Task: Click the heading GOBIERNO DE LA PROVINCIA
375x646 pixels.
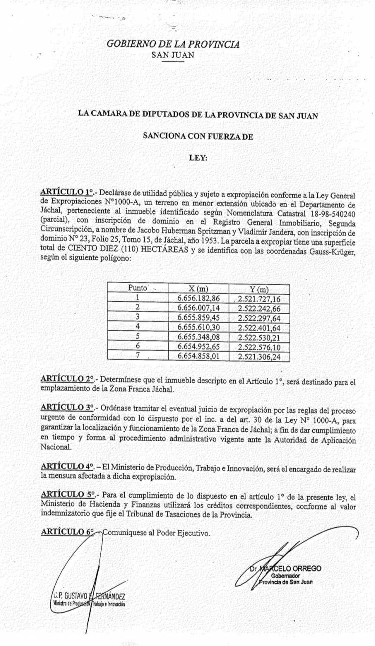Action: tap(173, 44)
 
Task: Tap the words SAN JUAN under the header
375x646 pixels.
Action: tap(173, 55)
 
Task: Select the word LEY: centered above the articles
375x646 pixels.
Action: tap(198, 158)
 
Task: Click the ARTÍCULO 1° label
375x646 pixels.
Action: tap(68, 192)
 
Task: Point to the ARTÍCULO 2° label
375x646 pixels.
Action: tap(68, 379)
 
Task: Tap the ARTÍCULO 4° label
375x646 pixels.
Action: tap(68, 467)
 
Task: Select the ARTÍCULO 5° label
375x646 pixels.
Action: tap(68, 497)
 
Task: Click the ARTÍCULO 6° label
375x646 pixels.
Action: tap(68, 533)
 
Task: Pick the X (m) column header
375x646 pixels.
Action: tap(198, 289)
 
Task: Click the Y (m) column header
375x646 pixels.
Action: tap(259, 289)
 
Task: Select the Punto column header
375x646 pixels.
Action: tap(138, 289)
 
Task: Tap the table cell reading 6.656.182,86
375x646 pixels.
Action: tap(198, 299)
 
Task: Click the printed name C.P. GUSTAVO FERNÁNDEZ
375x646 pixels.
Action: tap(89, 596)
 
